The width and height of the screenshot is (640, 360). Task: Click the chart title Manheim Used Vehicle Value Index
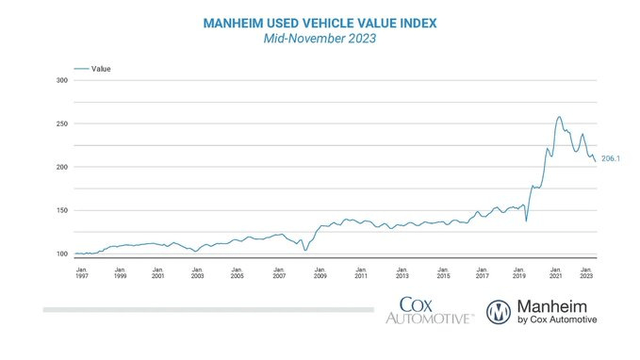(x=319, y=21)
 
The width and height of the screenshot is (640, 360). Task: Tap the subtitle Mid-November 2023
(x=319, y=38)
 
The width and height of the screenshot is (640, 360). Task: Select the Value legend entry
(x=100, y=69)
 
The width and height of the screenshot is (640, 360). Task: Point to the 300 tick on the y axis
(x=62, y=80)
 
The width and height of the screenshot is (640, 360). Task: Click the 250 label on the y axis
(x=62, y=124)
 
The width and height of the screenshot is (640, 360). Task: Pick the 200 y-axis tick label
(x=62, y=167)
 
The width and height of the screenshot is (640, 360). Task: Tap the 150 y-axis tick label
(x=62, y=210)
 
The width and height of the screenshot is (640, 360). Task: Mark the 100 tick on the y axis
(x=62, y=254)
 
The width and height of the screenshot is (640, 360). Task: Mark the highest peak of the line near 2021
(x=558, y=117)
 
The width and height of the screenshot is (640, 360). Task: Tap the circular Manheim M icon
(x=499, y=311)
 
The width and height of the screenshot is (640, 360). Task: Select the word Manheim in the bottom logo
(x=556, y=305)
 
